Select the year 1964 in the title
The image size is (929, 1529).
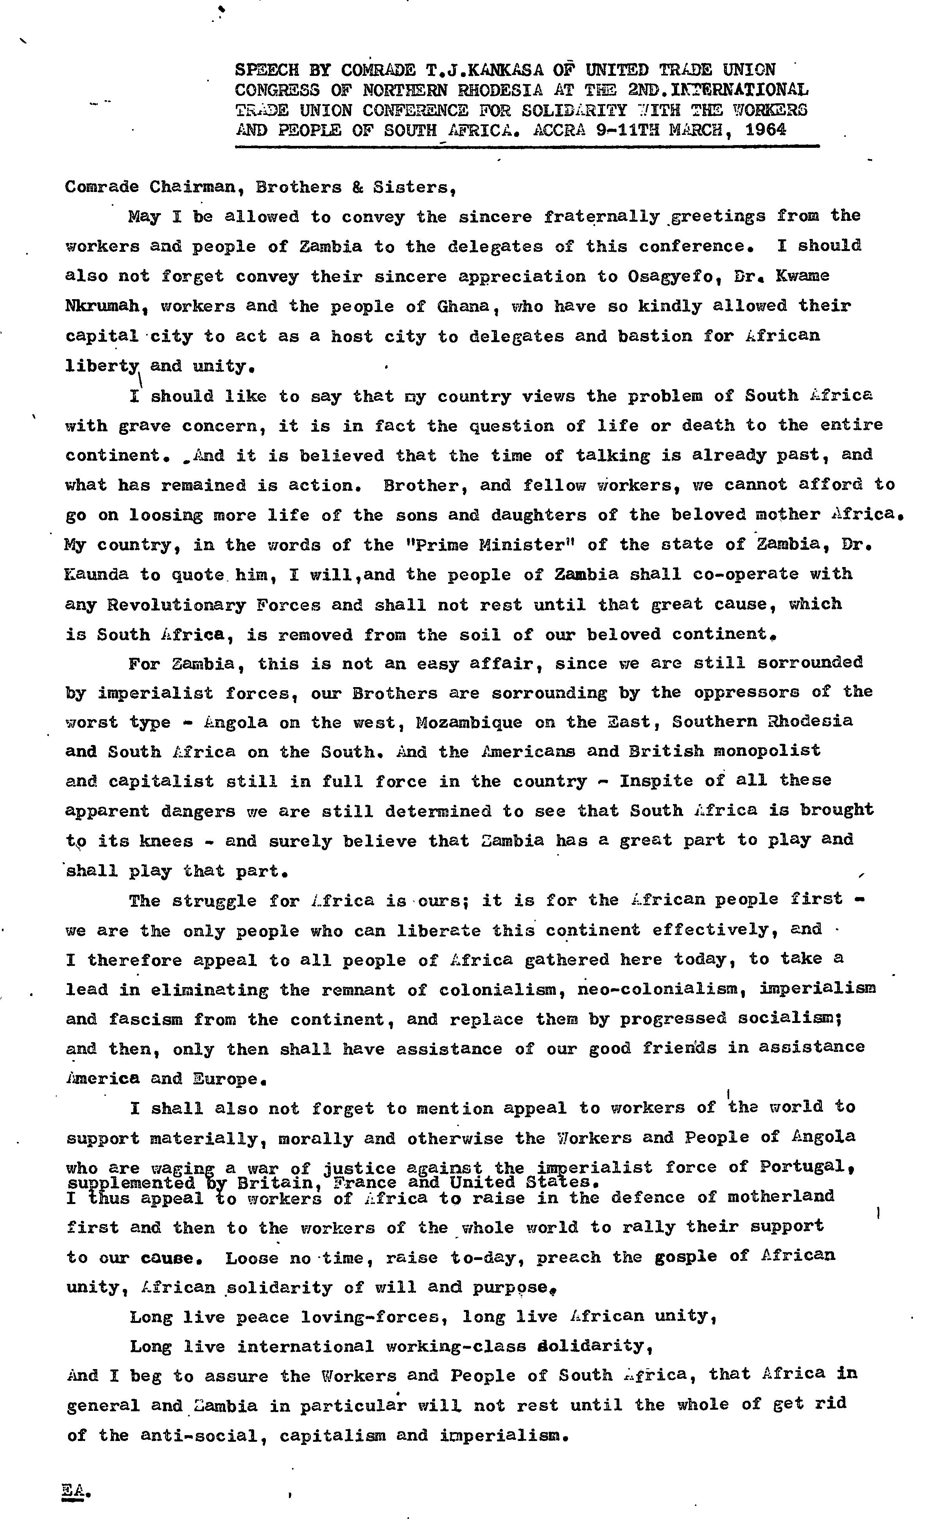tap(766, 130)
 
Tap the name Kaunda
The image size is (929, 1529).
tap(96, 574)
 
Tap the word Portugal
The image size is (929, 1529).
tap(804, 1166)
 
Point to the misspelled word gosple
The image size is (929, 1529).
tap(685, 1256)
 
